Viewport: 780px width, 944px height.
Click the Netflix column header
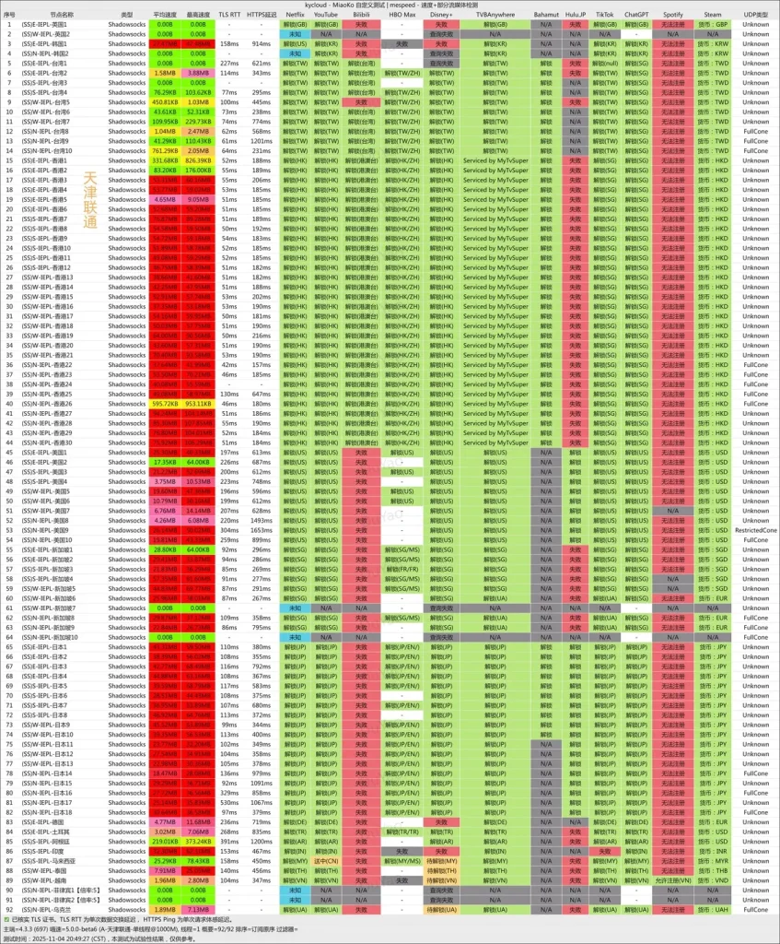point(295,15)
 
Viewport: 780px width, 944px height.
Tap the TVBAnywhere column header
point(495,15)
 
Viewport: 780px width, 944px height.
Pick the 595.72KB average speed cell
point(165,404)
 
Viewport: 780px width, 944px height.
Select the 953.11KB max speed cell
point(198,404)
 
